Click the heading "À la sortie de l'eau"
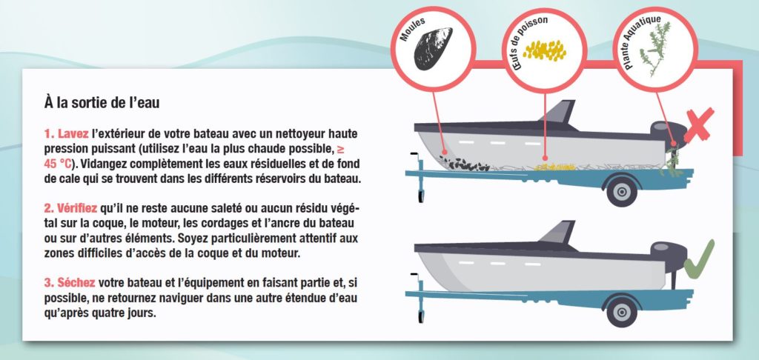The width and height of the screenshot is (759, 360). pyautogui.click(x=102, y=103)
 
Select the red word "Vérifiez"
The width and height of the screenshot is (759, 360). pyautogui.click(x=77, y=208)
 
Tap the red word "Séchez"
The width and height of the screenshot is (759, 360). pyautogui.click(x=76, y=282)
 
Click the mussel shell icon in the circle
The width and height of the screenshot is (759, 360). pyautogui.click(x=433, y=48)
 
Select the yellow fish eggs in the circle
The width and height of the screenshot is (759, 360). pyautogui.click(x=545, y=50)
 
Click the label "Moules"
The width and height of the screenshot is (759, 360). pyautogui.click(x=412, y=30)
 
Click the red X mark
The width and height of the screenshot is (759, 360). pyautogui.click(x=699, y=125)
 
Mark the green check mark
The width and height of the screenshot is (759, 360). pyautogui.click(x=699, y=259)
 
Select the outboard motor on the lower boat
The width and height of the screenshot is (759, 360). pyautogui.click(x=669, y=261)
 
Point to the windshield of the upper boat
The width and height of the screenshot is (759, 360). pyautogui.click(x=558, y=112)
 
